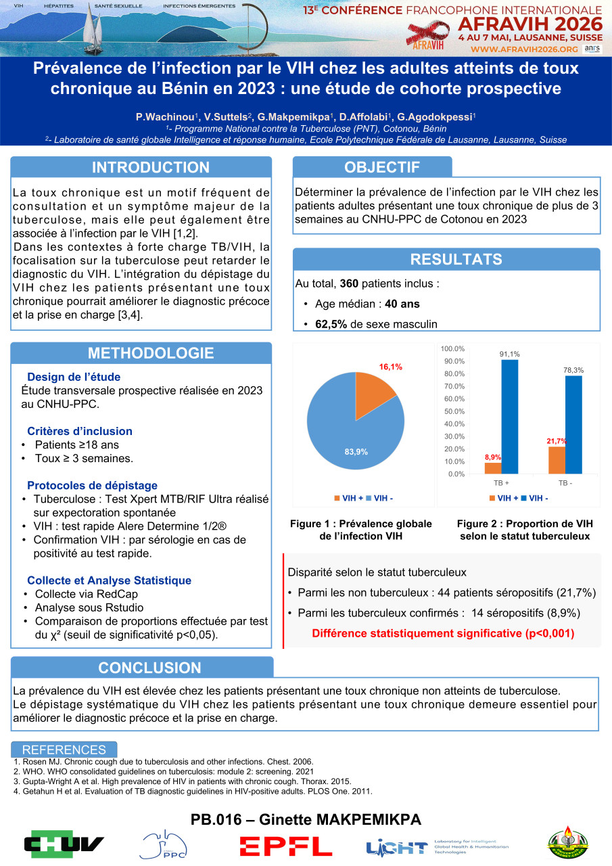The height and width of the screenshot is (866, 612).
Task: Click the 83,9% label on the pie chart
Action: (356, 452)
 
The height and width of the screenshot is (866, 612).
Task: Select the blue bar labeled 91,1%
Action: (510, 416)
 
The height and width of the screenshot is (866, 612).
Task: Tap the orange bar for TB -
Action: (557, 460)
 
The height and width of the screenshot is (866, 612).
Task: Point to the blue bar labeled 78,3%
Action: (573, 424)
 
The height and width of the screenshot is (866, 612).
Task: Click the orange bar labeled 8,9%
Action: (493, 468)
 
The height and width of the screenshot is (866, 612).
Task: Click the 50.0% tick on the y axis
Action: (452, 411)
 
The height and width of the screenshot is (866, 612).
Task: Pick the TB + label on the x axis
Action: (502, 484)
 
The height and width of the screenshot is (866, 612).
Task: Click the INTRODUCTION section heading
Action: (150, 168)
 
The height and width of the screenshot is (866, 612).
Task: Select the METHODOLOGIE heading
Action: (150, 352)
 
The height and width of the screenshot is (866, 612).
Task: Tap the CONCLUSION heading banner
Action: (149, 668)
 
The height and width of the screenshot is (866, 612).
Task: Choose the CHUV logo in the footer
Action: (64, 844)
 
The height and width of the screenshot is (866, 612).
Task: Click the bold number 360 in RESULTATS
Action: (350, 283)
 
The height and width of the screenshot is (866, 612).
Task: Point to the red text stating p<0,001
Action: (442, 634)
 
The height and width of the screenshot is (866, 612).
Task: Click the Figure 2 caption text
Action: (525, 530)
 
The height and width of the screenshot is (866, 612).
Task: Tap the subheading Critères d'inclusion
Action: (80, 431)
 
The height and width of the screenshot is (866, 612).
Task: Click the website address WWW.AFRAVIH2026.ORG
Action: (524, 49)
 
